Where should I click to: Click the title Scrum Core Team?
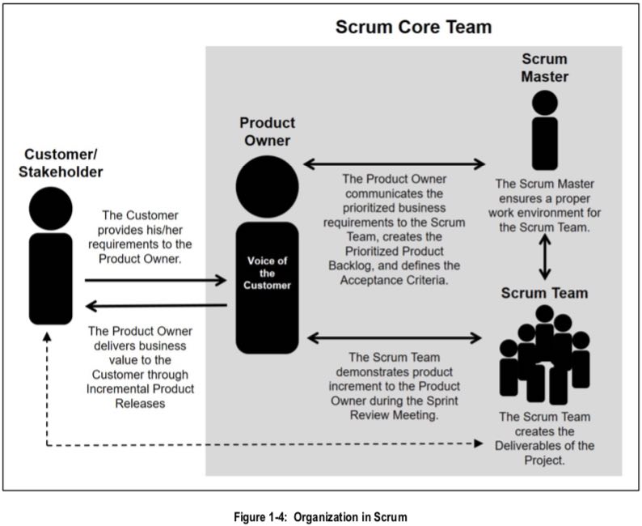[x=413, y=28]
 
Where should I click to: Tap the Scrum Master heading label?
[x=544, y=68]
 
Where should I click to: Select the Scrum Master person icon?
[x=544, y=129]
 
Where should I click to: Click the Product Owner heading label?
[x=267, y=132]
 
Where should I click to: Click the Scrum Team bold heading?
[x=544, y=292]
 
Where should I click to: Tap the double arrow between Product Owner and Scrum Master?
[x=395, y=164]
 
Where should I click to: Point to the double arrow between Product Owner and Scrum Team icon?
[x=395, y=335]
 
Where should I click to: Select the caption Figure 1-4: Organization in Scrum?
[x=321, y=515]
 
